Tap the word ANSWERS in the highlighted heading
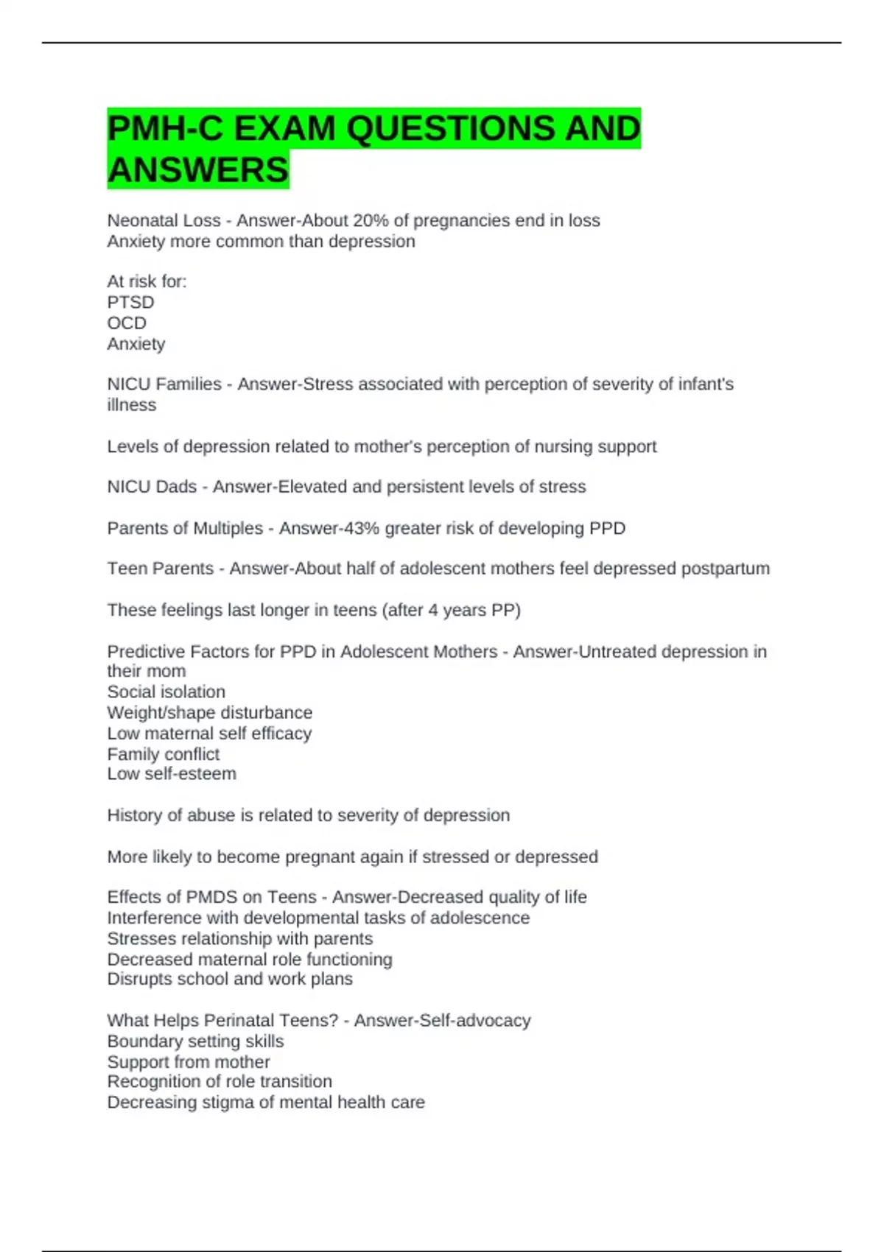(197, 170)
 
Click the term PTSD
(130, 302)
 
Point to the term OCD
(127, 323)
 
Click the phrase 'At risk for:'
(147, 281)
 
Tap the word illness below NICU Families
(131, 404)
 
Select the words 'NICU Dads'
(152, 487)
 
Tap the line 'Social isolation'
(166, 692)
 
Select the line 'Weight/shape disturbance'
(209, 712)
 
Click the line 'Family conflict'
(163, 753)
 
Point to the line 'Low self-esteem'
(172, 773)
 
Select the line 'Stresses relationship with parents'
(239, 938)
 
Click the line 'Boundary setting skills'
(195, 1041)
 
